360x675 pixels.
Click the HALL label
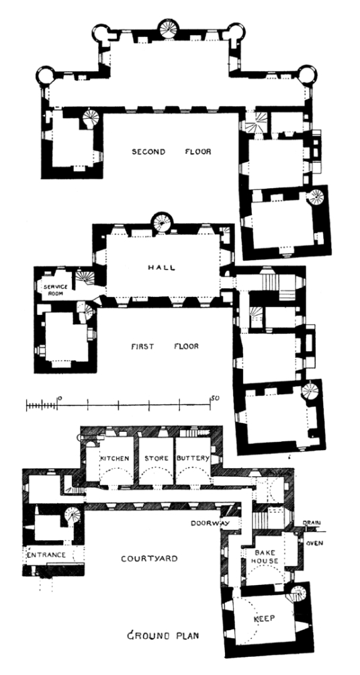(161, 267)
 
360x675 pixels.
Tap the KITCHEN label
(114, 458)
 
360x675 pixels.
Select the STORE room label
(154, 458)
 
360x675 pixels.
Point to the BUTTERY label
(193, 458)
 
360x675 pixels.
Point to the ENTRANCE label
(46, 555)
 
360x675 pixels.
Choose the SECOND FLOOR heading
(171, 152)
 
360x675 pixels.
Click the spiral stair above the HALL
(161, 222)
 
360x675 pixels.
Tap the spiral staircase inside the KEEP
(298, 594)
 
